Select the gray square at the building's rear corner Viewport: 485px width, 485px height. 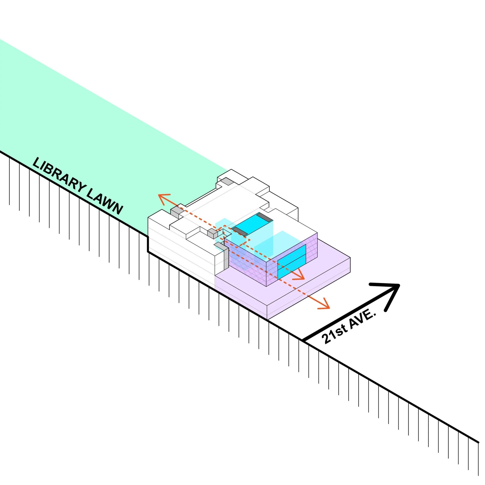(227, 181)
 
